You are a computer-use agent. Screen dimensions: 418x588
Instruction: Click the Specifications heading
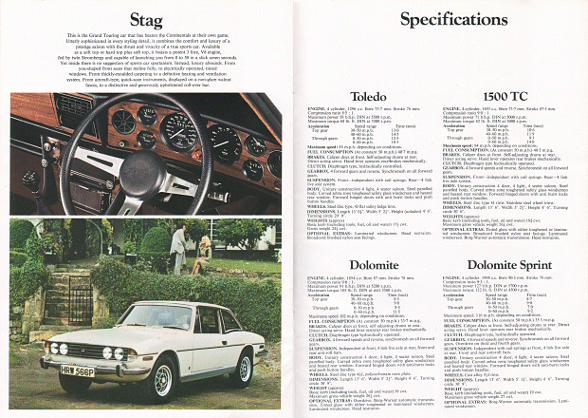(x=437, y=20)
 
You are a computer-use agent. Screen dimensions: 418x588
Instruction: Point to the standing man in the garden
(x=178, y=248)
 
